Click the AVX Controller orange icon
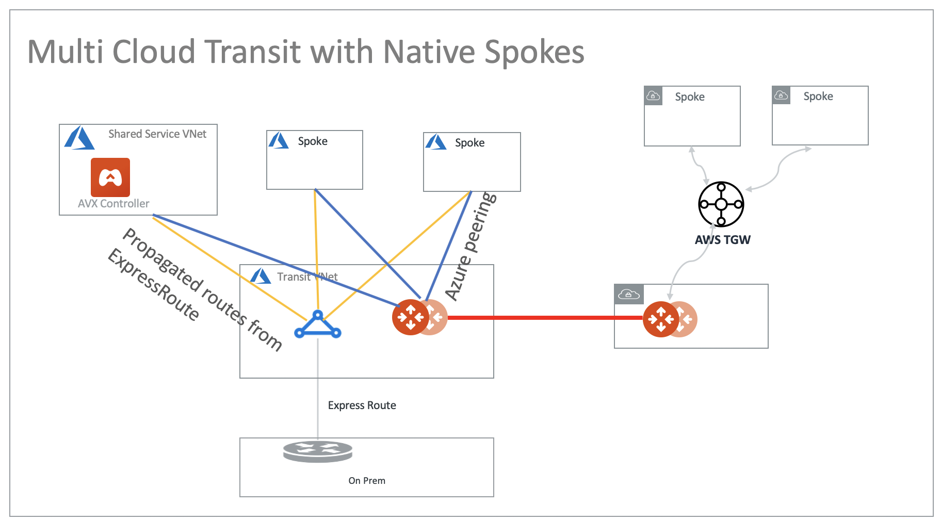[x=110, y=177]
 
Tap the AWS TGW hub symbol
[x=721, y=204]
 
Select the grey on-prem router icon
[x=318, y=451]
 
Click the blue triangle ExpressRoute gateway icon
[x=318, y=325]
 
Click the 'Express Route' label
[x=362, y=405]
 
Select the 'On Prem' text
[x=367, y=481]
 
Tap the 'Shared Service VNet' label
[x=157, y=134]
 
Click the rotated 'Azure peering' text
[x=470, y=246]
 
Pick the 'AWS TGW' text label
[x=722, y=240]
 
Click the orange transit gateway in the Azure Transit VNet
[x=411, y=317]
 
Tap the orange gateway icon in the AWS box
[x=661, y=319]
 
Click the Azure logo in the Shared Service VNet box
[x=79, y=138]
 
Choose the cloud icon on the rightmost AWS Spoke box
[x=781, y=95]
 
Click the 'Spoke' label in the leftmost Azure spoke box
[x=313, y=141]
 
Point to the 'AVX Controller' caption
[x=113, y=204]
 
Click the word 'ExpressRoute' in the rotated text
[x=153, y=284]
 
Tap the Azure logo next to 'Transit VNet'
[x=261, y=276]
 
